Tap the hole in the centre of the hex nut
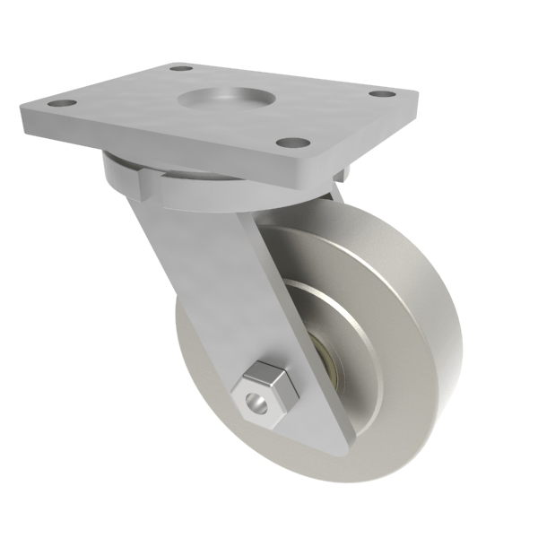pyautogui.click(x=257, y=403)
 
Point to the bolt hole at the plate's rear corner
pyautogui.click(x=182, y=68)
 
